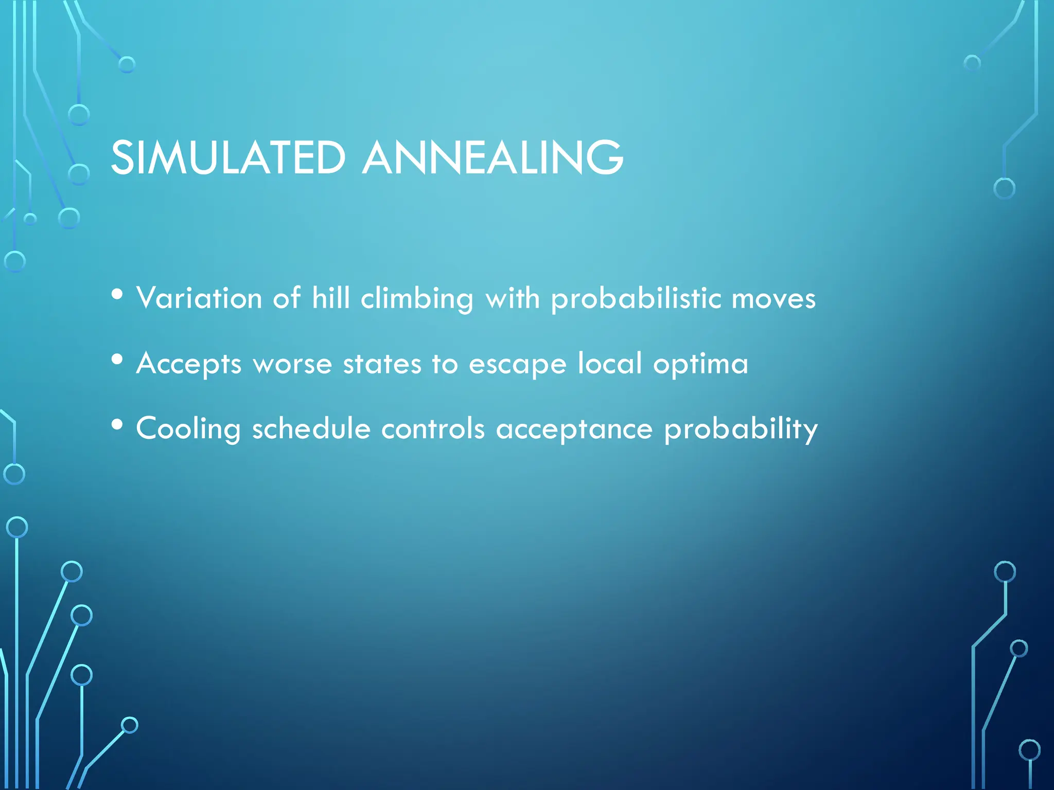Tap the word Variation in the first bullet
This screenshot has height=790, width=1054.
coord(199,298)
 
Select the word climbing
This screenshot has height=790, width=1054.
coord(417,299)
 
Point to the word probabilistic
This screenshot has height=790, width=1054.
coord(636,299)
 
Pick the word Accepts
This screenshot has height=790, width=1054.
coord(189,364)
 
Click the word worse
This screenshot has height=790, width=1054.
coord(292,364)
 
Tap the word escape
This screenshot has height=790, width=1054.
coord(518,364)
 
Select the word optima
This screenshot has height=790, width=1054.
coord(700,364)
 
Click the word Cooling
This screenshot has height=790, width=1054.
coord(188,429)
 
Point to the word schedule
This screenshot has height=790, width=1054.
coord(311,428)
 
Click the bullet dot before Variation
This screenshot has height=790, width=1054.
coord(117,294)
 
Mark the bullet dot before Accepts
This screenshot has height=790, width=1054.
coord(117,360)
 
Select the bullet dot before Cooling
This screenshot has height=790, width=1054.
coord(117,425)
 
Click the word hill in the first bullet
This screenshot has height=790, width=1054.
coord(331,298)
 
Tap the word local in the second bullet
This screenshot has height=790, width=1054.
coord(610,363)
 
